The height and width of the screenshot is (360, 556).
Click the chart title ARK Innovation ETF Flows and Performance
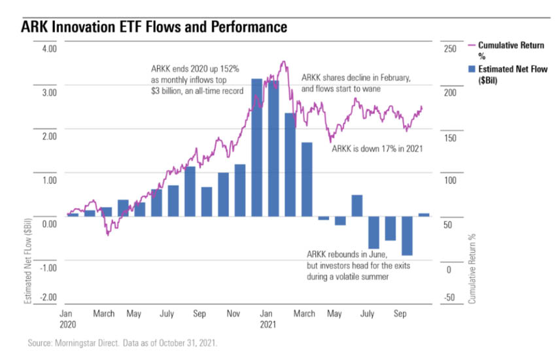point(154,27)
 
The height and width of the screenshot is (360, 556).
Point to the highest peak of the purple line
point(283,62)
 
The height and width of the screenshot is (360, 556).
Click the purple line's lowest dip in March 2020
point(107,234)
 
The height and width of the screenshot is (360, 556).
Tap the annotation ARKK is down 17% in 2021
point(377,149)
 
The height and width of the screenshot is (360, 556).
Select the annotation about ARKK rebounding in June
point(358,265)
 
